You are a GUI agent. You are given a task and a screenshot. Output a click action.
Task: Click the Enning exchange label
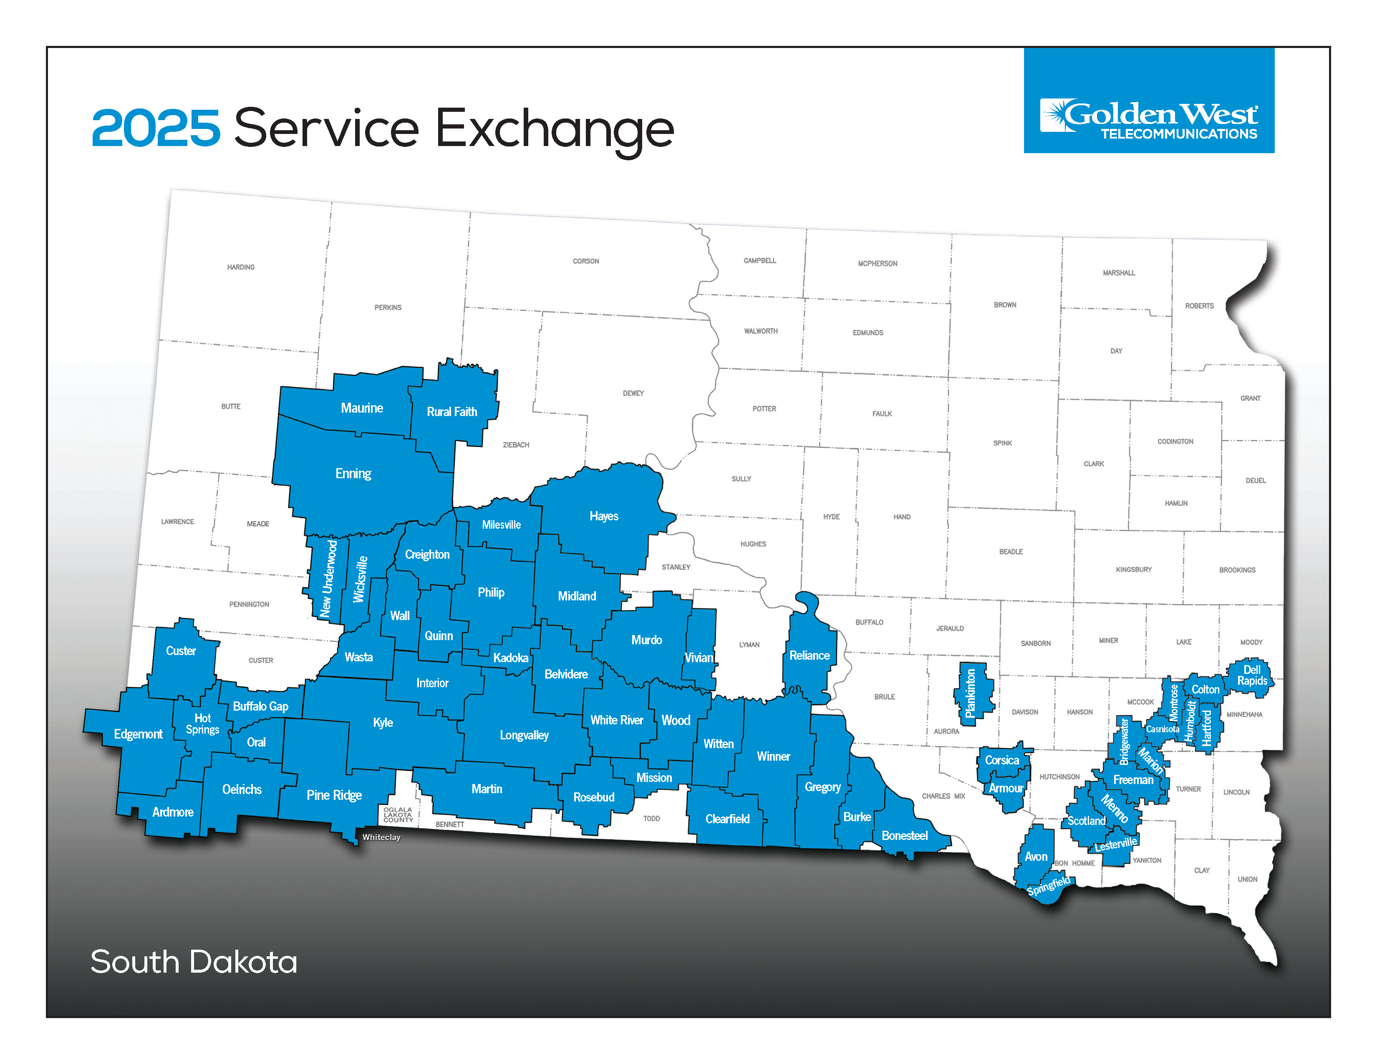[353, 474]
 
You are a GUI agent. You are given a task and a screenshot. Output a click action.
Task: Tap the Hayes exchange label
[603, 516]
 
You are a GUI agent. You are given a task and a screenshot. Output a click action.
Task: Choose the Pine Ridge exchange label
[334, 795]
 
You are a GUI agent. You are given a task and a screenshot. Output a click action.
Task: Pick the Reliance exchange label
[810, 656]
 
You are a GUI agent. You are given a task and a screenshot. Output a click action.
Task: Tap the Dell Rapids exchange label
[1251, 676]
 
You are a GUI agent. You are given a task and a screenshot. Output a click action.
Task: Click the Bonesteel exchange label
[904, 836]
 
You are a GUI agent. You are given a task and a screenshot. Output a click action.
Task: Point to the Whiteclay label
[381, 837]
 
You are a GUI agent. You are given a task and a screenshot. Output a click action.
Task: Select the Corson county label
[586, 261]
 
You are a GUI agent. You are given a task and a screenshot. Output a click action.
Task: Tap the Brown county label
[1005, 305]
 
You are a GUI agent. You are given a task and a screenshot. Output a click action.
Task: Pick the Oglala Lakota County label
[398, 814]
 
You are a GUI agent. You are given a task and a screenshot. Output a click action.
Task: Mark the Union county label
[1247, 879]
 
